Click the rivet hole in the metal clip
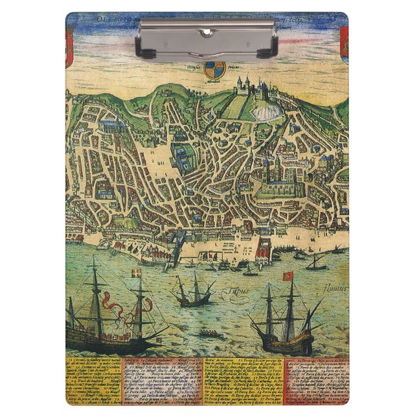click(x=207, y=31)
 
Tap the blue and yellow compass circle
click(x=216, y=70)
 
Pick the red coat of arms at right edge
click(x=344, y=45)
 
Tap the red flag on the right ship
click(x=287, y=276)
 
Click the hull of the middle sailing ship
click(x=195, y=300)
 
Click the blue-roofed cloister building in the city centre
click(x=179, y=155)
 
